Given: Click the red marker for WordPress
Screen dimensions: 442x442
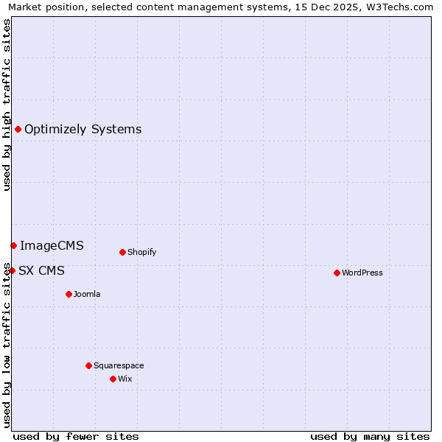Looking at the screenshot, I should click(x=337, y=273).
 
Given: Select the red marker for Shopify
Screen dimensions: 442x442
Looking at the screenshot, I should click(x=122, y=252).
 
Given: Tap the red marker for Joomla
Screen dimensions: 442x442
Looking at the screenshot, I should click(x=69, y=294).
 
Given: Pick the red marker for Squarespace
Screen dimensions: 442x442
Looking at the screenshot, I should click(x=88, y=365).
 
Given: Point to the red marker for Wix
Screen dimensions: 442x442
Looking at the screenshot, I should click(x=113, y=379).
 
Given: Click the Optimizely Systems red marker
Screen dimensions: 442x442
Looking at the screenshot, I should click(x=18, y=130).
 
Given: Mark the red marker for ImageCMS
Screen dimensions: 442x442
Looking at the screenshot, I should click(x=13, y=245).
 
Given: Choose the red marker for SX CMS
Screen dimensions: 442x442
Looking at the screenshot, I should click(x=12, y=270).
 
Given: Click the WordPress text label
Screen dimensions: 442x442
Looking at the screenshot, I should click(x=362, y=273).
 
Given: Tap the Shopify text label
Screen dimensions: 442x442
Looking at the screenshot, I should click(x=142, y=252).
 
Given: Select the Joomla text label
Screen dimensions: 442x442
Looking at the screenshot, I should click(x=87, y=294).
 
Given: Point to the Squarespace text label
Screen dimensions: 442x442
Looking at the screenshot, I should click(x=119, y=365).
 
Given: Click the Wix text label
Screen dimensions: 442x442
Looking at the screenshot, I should click(x=125, y=379).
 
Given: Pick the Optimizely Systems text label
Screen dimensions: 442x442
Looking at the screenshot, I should click(x=83, y=130).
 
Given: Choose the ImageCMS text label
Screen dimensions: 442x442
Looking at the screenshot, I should click(x=52, y=245).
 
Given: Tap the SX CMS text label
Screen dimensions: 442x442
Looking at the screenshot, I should click(x=41, y=270).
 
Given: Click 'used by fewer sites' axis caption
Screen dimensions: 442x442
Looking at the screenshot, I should click(x=76, y=436).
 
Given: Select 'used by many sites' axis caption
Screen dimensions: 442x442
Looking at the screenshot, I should click(x=370, y=436).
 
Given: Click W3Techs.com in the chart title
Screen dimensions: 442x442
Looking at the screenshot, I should click(x=401, y=7).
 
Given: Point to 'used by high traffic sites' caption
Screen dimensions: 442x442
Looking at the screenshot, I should click(x=7, y=105).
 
